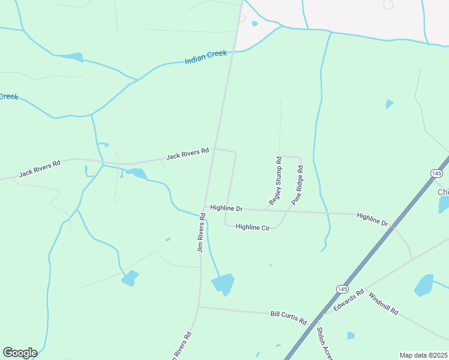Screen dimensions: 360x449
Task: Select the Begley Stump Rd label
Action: (276, 181)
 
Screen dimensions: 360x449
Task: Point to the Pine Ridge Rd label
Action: (297, 190)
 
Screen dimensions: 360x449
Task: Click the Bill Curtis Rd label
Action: (288, 314)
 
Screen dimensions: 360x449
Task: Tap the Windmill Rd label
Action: (383, 304)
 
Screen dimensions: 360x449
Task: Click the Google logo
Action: (20, 353)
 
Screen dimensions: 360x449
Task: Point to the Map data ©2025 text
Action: (423, 355)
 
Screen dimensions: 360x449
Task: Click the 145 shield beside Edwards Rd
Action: (342, 289)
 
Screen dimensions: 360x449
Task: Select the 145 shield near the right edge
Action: (436, 173)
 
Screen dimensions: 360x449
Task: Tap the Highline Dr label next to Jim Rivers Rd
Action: (226, 209)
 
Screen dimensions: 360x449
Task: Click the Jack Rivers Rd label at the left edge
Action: (40, 169)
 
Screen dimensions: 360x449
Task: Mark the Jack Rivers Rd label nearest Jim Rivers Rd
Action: (187, 154)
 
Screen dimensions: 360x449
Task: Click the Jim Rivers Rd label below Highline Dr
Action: (202, 236)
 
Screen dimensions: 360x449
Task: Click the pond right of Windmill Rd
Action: (424, 285)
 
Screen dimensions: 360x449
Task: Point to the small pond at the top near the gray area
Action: (255, 24)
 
